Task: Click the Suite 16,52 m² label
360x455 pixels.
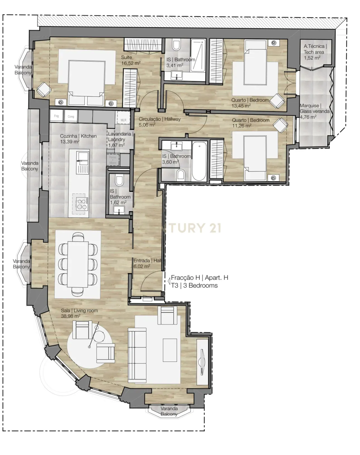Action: pos(130,60)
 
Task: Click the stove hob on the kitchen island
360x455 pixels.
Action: pos(81,203)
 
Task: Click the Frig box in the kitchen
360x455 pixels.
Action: pos(56,116)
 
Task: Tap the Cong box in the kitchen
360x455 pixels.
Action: pos(71,116)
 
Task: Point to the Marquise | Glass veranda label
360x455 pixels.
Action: pos(314,111)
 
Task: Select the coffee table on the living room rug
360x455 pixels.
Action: pos(170,350)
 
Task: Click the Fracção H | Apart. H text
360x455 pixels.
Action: pos(199,277)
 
